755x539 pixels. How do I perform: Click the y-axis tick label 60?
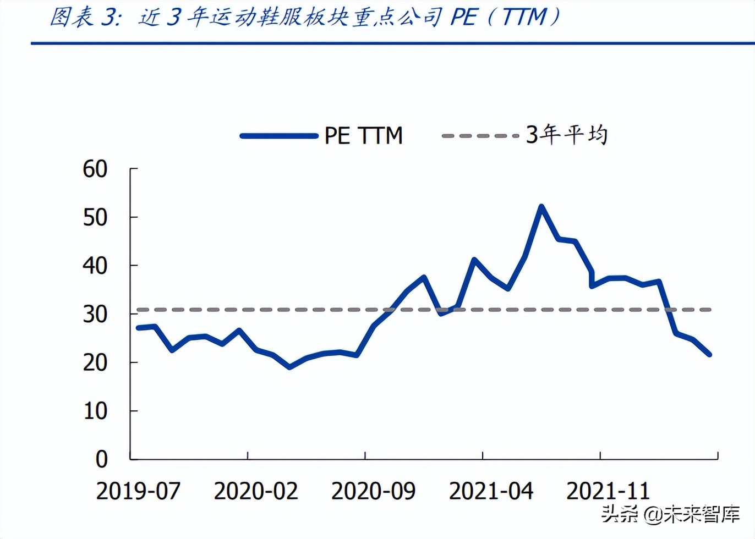(95, 169)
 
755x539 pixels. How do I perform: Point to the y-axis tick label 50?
(95, 218)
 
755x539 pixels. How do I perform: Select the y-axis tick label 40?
(95, 266)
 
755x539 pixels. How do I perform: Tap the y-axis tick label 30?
(95, 315)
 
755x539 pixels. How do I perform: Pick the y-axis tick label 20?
(95, 363)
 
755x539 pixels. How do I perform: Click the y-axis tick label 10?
(95, 411)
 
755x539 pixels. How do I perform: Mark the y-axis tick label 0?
(101, 459)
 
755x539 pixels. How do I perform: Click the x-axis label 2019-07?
(138, 491)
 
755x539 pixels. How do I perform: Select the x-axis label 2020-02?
(256, 491)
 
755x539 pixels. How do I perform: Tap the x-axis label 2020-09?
(373, 491)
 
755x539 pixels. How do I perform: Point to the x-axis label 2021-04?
(491, 491)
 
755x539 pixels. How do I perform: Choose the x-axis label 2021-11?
(608, 491)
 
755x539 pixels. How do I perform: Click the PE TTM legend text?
(363, 136)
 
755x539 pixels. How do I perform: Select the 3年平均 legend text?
(567, 135)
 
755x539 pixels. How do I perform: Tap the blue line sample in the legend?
(279, 136)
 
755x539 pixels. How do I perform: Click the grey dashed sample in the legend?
(480, 136)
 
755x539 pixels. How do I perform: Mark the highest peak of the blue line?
(541, 207)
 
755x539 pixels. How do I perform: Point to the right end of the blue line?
(709, 354)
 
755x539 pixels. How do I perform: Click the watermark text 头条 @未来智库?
(670, 514)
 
